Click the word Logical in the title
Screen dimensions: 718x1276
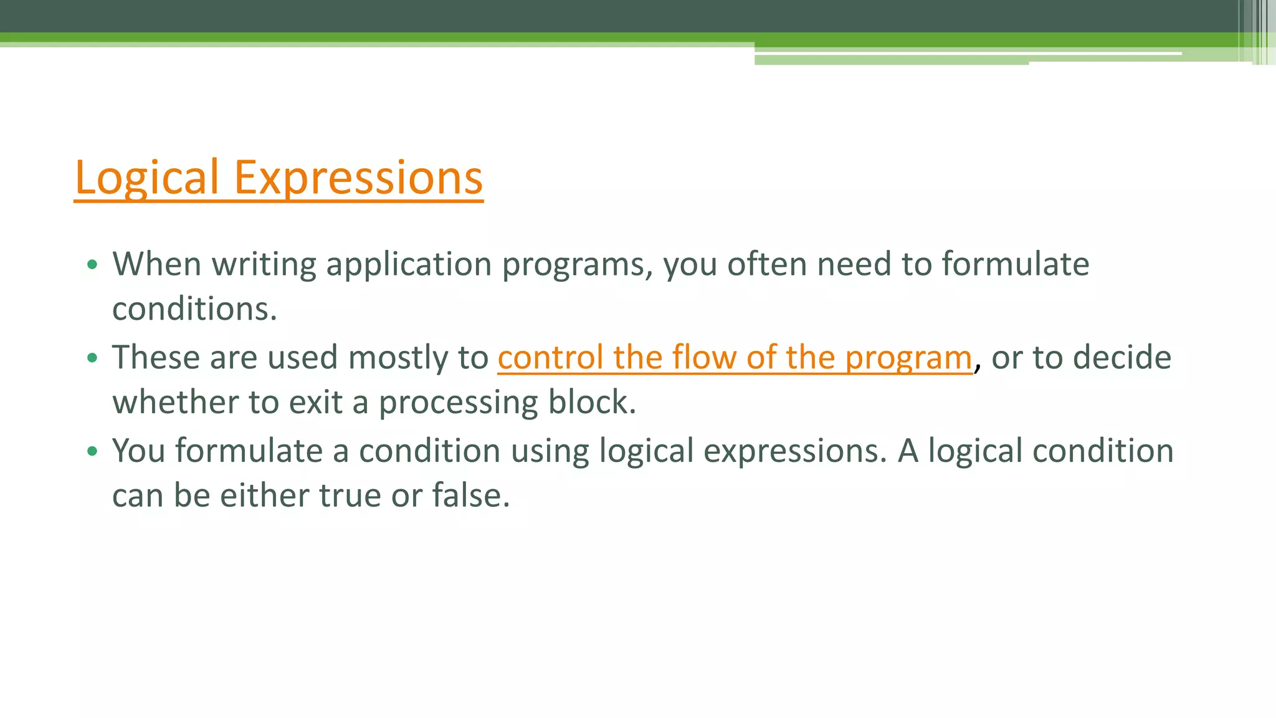146,178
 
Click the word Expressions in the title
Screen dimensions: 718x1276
358,178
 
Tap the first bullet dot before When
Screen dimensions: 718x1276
92,265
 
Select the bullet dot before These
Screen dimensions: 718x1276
92,358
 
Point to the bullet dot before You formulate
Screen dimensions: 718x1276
92,451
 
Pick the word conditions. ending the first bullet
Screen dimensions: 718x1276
194,309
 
